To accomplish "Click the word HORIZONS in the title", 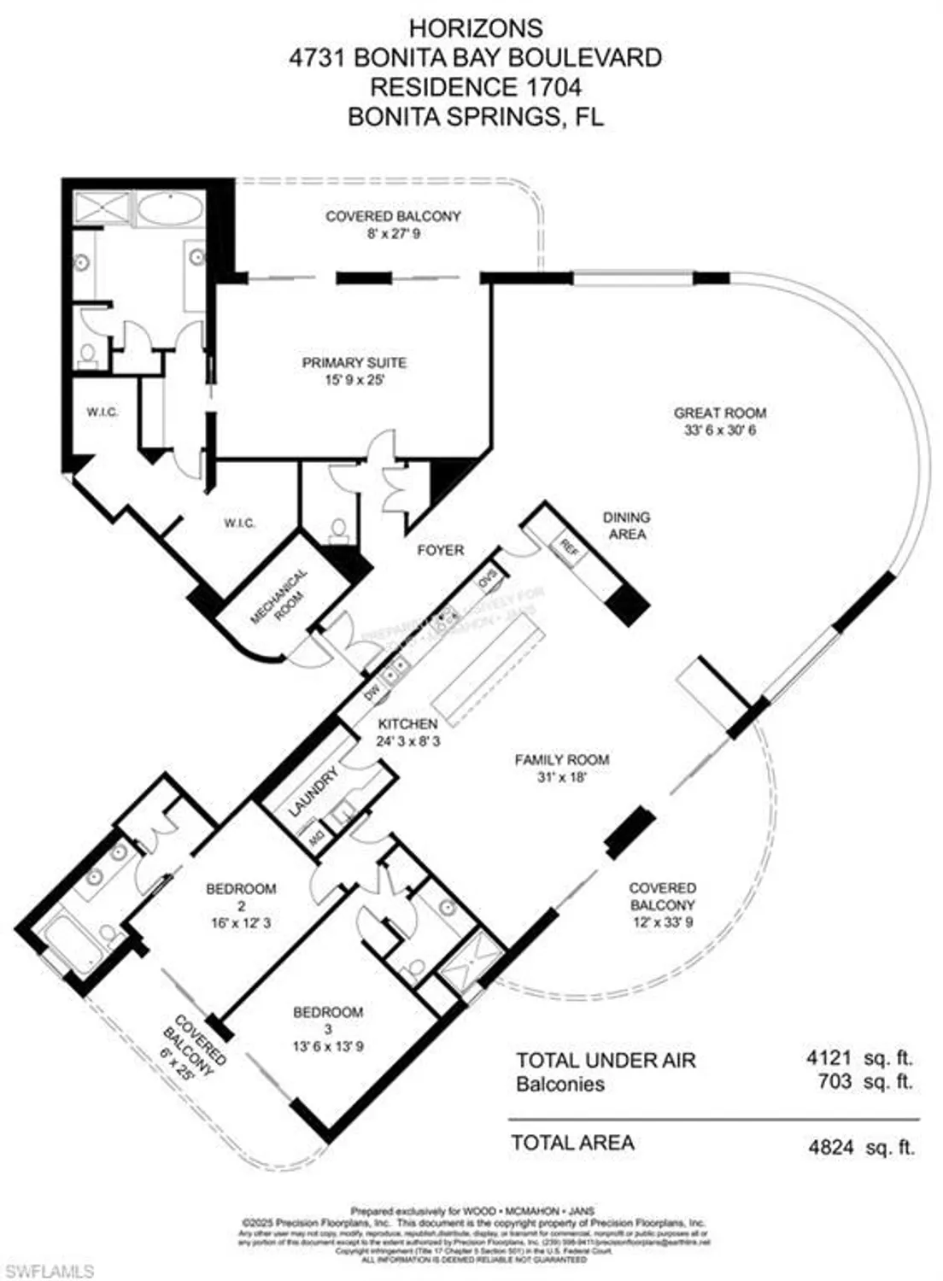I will (475, 28).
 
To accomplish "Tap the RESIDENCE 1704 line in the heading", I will (475, 87).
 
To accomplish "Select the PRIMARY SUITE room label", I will (354, 363).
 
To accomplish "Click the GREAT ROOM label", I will (719, 413).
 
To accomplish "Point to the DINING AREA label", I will (626, 525).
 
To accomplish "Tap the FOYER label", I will (441, 550).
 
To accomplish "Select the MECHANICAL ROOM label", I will (279, 596).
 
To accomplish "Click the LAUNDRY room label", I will (313, 792).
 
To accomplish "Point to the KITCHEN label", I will (408, 724).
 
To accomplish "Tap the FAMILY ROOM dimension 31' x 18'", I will (561, 777).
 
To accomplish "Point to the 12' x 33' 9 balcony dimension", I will (663, 921).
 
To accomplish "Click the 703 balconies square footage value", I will (834, 1081).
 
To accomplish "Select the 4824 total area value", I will (830, 1147).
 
